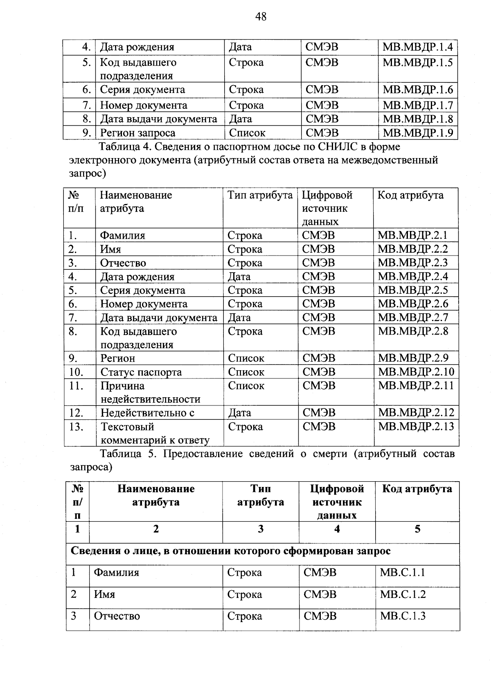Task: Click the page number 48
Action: click(x=261, y=16)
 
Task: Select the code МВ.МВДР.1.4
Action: click(x=417, y=47)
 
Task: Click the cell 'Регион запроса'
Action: click(x=138, y=133)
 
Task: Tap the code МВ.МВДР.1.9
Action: click(x=417, y=133)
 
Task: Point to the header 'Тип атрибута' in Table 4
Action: click(x=260, y=195)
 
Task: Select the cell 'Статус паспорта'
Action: click(x=141, y=372)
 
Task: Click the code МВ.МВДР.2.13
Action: click(x=416, y=426)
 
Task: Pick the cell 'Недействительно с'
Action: click(x=147, y=413)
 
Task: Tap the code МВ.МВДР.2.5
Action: click(x=413, y=290)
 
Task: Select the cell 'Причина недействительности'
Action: click(x=150, y=392)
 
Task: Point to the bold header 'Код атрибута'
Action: click(x=417, y=489)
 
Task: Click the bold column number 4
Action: click(x=337, y=529)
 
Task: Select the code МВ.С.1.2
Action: click(x=403, y=594)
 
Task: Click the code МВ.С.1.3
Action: click(x=403, y=616)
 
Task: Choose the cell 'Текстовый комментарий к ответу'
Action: click(x=155, y=433)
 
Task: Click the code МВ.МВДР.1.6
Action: click(x=417, y=90)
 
